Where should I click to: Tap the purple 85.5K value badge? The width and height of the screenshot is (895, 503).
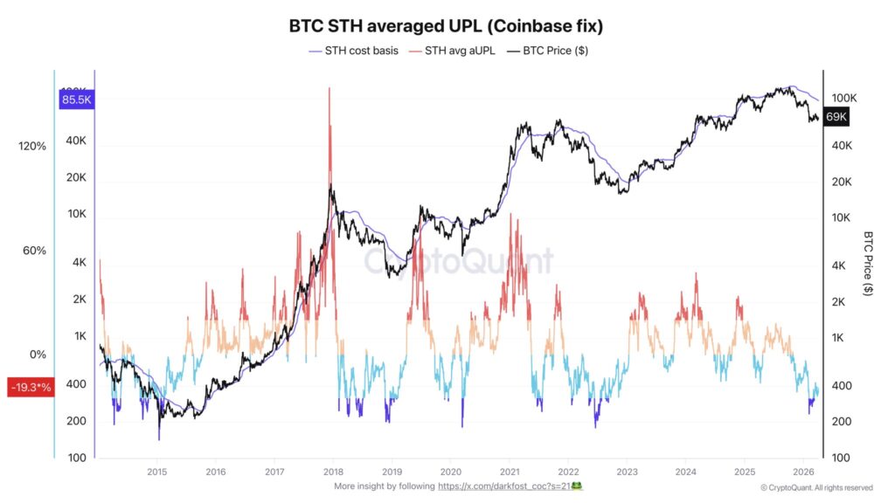point(76,100)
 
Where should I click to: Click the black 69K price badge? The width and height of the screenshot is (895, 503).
point(836,117)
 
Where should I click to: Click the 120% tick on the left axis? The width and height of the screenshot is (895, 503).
point(32,147)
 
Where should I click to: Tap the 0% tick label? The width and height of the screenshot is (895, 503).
point(37,355)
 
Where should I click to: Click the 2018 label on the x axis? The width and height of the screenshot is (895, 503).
point(333,472)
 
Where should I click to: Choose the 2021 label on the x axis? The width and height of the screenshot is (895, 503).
point(509,472)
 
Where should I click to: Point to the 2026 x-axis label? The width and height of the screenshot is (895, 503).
point(801,472)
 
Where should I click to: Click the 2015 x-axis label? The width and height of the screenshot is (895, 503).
point(156,472)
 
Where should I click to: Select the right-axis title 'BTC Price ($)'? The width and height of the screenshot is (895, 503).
point(868,264)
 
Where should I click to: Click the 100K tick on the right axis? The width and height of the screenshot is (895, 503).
point(843,98)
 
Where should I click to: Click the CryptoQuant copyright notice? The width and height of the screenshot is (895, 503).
point(816,487)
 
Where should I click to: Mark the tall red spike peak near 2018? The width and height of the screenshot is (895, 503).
point(330,89)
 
